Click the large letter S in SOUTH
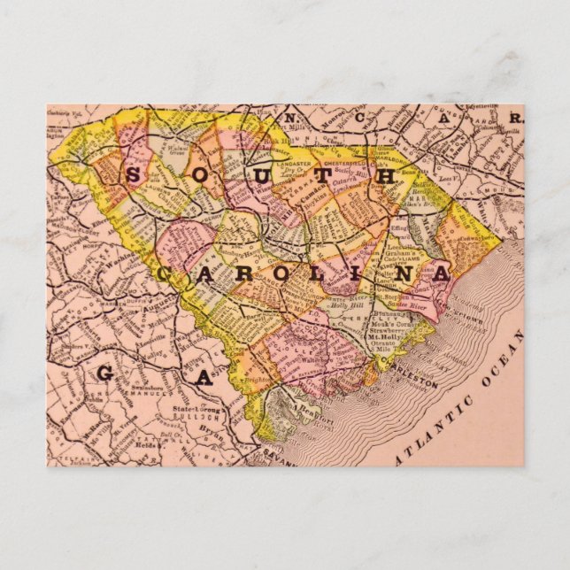pos(132,174)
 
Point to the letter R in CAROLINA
pos(240,274)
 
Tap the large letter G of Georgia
pos(104,373)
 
